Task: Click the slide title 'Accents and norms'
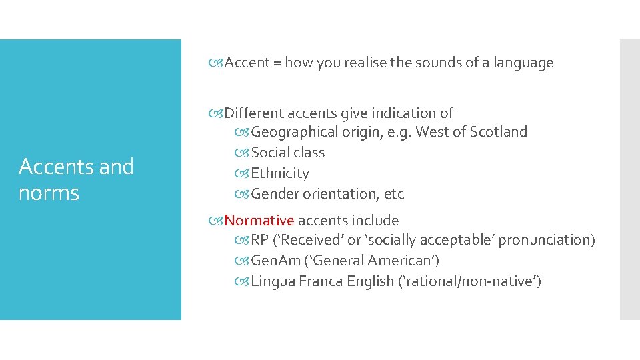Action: (x=76, y=179)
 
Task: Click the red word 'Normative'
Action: (x=259, y=221)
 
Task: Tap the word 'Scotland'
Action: (x=498, y=132)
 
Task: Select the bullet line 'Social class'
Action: (x=287, y=153)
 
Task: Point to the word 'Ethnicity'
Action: (x=280, y=173)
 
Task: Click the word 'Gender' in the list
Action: (x=275, y=194)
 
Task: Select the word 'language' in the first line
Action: (x=523, y=63)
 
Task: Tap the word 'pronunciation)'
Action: (x=547, y=240)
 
